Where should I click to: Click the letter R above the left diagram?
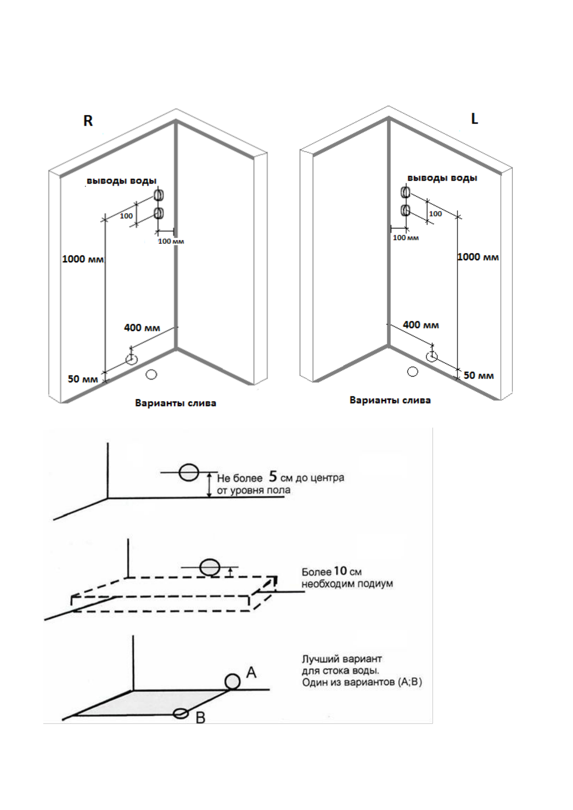(x=88, y=121)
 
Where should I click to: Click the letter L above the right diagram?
(x=474, y=119)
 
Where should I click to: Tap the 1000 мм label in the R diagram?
(x=83, y=259)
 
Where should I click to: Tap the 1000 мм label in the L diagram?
(x=478, y=257)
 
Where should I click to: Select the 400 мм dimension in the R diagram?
(x=142, y=328)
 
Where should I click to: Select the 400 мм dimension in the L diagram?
(x=420, y=325)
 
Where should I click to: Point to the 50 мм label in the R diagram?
(x=83, y=379)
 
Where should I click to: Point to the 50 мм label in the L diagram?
(x=478, y=375)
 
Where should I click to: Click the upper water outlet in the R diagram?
(x=158, y=195)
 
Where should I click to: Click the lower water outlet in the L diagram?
(x=406, y=210)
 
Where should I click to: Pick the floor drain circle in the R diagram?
(x=152, y=374)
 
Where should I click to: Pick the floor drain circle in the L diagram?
(x=412, y=371)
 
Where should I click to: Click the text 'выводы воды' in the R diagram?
(x=121, y=181)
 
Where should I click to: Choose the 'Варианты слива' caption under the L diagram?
(x=390, y=400)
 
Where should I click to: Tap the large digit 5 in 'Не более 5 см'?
(x=273, y=477)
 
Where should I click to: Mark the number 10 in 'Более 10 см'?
(x=340, y=571)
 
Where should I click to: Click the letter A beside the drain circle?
(x=251, y=672)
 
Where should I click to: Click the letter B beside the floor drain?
(x=201, y=718)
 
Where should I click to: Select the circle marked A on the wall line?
(x=232, y=681)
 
